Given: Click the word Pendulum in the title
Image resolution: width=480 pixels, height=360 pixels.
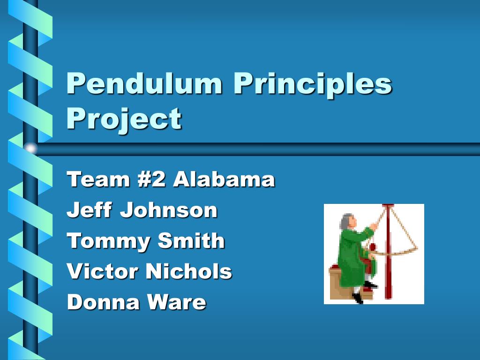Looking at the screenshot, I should [144, 84].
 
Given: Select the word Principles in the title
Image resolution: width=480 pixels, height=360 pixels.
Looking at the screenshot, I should [312, 84].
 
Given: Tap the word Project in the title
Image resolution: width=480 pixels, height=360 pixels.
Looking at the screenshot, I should [124, 119].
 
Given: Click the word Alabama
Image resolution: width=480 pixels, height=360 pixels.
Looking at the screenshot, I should [224, 180].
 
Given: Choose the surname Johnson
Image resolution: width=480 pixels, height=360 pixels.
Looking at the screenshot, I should [169, 210].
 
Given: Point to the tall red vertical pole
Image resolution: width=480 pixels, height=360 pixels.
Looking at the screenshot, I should [387, 262].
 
